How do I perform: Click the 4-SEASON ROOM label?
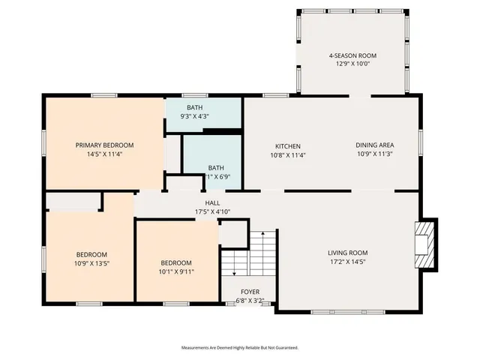(352, 55)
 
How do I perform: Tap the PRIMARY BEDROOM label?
(104, 145)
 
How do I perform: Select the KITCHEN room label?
(287, 145)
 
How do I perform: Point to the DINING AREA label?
(374, 145)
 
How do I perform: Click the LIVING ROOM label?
(347, 253)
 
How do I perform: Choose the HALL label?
(212, 202)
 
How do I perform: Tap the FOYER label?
(250, 292)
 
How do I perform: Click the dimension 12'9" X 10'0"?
(352, 65)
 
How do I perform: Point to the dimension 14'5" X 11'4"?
(104, 154)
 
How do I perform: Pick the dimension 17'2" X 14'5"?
(347, 262)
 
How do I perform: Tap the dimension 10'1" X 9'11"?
(177, 271)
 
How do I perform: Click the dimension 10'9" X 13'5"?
(91, 264)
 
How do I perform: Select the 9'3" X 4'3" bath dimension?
(194, 117)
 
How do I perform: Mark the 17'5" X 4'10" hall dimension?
(212, 211)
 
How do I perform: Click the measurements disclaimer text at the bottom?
(239, 348)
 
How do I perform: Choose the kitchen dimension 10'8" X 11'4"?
(287, 155)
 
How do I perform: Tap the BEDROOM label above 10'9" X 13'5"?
(91, 254)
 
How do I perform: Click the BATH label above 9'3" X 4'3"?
(194, 107)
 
